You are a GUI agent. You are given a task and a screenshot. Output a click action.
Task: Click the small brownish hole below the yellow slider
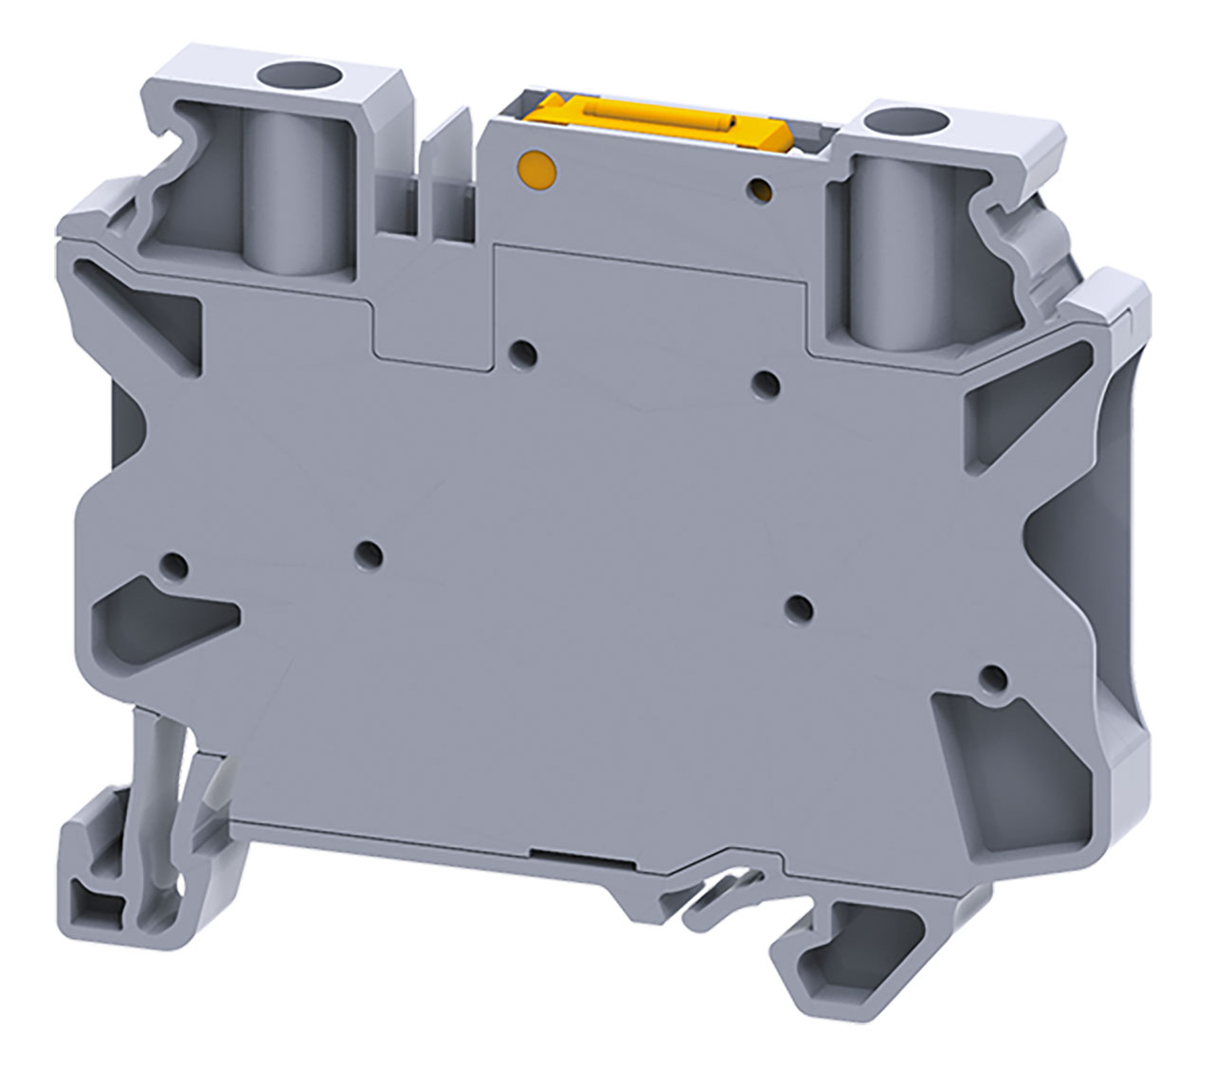760,191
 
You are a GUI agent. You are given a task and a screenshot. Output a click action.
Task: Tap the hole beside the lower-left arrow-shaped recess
172,567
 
